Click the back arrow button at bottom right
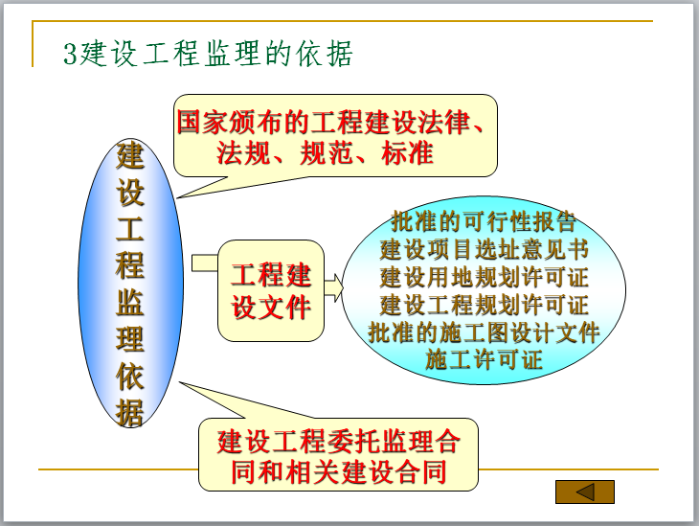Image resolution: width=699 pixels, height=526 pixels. coord(584,492)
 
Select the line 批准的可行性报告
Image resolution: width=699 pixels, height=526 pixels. coord(484,222)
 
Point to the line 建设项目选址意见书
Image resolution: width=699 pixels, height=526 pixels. coord(484,250)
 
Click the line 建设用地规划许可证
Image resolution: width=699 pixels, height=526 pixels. coord(484,278)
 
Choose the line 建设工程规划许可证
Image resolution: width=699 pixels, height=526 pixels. coord(484,306)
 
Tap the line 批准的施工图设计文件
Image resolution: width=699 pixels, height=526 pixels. coord(484,332)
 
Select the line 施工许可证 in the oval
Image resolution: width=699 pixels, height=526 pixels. coord(484,360)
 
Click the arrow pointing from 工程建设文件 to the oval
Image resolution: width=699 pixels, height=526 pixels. coord(333,286)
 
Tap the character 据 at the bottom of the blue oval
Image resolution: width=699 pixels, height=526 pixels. coord(130,411)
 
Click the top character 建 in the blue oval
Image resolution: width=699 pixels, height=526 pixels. coord(130,156)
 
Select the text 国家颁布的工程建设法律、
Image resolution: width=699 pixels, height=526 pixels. coord(335,122)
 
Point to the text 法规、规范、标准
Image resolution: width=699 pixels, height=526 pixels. coord(326,152)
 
